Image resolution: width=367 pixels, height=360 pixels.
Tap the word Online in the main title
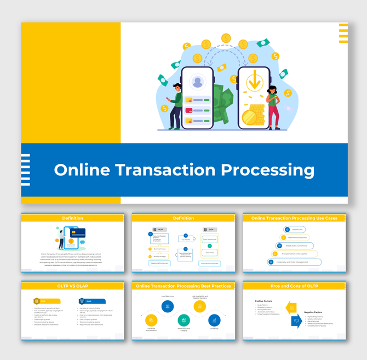point(82,170)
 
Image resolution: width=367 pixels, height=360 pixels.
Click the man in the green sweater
point(176,104)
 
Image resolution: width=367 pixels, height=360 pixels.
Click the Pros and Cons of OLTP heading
point(294,287)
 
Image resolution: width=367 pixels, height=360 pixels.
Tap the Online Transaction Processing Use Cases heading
point(294,218)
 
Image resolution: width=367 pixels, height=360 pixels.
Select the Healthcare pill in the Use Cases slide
point(294,230)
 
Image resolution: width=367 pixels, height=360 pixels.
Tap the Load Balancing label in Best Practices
point(168,296)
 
